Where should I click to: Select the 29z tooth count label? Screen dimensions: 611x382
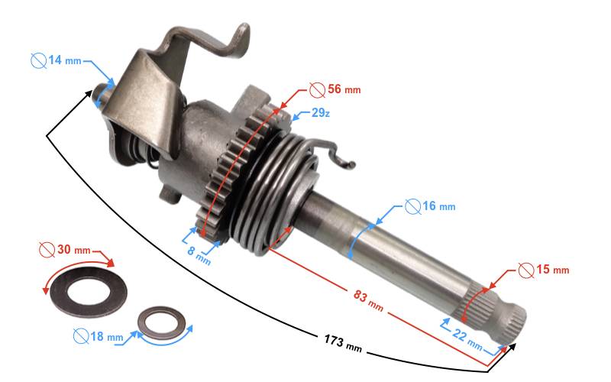click(321, 113)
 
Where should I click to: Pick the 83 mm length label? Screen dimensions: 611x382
click(368, 300)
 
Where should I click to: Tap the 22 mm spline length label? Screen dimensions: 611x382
click(467, 338)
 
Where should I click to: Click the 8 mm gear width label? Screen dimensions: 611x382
click(199, 254)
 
